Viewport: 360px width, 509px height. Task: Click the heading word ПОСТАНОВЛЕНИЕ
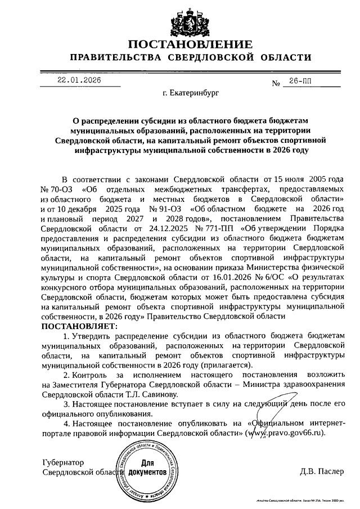190,44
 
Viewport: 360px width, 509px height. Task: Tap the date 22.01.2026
79,80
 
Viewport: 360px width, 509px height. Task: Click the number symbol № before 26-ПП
276,84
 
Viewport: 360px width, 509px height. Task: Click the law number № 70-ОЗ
57,188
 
